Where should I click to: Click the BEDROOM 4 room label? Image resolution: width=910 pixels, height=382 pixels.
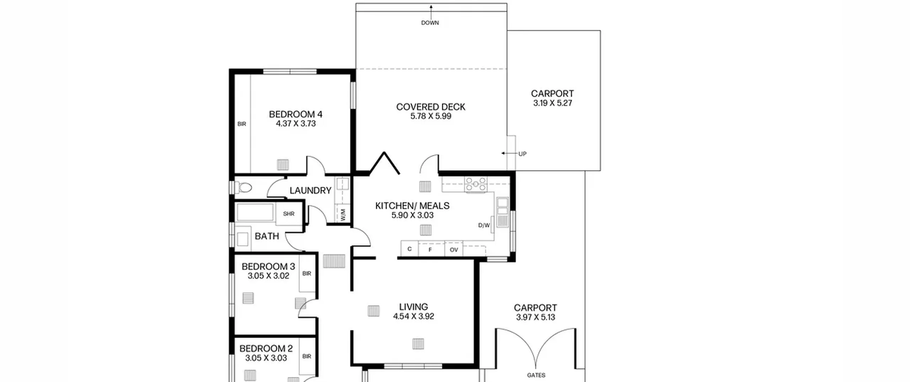point(295,114)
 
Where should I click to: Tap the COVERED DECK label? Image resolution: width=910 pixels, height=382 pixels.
point(430,107)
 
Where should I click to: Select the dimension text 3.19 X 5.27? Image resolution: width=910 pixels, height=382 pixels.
point(552,103)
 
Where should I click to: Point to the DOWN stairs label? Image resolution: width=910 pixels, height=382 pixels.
point(430,23)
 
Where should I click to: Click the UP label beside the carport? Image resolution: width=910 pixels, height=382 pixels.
point(522,154)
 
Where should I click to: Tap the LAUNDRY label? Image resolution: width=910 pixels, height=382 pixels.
point(310,190)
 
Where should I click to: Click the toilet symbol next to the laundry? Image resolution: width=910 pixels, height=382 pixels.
point(243,187)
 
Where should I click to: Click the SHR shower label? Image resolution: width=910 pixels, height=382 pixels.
point(289,214)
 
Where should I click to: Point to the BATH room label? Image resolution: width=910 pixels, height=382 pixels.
point(267,236)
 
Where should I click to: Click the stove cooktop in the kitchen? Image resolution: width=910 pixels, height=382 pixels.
point(476,185)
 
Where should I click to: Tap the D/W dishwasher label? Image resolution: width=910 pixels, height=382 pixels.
point(484,225)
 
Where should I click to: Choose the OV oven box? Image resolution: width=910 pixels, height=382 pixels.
point(454,249)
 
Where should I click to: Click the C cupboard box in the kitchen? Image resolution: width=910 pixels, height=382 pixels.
point(409,248)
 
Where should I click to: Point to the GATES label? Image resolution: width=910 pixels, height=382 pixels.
point(536,375)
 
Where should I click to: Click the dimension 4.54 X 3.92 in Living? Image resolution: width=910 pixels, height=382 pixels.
point(413,316)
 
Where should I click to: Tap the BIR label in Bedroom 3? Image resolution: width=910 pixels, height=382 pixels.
point(307,274)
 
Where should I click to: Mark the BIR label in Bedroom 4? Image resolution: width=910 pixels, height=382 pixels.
point(242,124)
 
